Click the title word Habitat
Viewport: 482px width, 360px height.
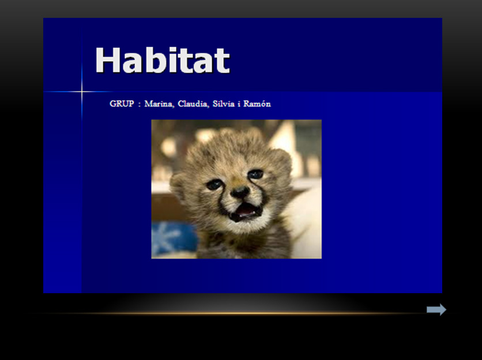[163, 60]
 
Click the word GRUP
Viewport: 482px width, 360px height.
[122, 104]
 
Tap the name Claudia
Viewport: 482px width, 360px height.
[193, 104]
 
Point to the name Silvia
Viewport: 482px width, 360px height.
[224, 104]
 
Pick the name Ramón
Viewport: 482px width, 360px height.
[257, 104]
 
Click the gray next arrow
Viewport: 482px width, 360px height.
[436, 309]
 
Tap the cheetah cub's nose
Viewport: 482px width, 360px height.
[240, 192]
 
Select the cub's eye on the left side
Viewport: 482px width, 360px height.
[214, 184]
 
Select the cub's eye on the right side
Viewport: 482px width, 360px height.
[256, 174]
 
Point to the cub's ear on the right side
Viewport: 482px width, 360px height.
[282, 160]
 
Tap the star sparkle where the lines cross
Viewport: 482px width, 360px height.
[82, 92]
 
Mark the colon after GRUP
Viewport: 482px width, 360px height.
[140, 104]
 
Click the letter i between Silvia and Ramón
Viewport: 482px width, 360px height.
[239, 104]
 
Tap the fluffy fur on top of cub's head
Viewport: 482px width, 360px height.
[233, 141]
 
